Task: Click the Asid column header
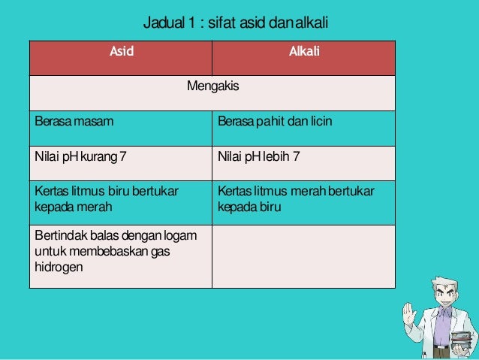(x=120, y=52)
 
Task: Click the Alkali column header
(x=303, y=52)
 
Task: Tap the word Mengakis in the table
(x=212, y=86)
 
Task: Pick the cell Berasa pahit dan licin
(x=274, y=122)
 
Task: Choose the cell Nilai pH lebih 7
(x=259, y=157)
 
